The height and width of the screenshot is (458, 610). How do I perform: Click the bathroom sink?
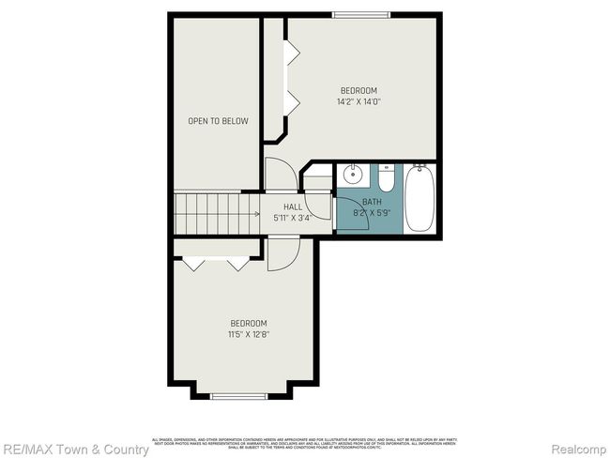(353, 176)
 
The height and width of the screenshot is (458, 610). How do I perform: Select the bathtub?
(419, 198)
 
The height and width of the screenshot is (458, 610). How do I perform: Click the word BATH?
(372, 202)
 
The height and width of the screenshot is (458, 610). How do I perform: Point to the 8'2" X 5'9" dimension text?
(371, 212)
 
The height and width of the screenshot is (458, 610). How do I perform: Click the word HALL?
(293, 207)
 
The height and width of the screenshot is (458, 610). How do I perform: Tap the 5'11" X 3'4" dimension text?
(293, 218)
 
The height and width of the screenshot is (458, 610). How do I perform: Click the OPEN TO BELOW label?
(218, 121)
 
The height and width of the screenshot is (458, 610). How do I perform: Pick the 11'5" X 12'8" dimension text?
(249, 333)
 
